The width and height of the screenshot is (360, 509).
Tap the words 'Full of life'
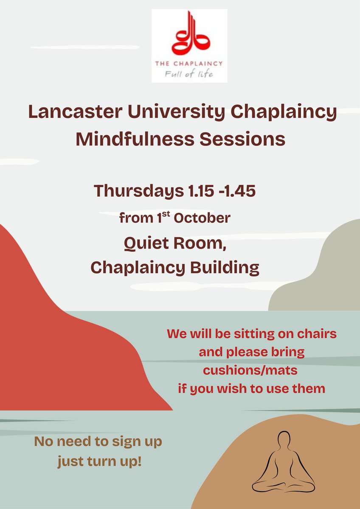point(189,75)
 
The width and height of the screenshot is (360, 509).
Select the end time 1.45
point(240,191)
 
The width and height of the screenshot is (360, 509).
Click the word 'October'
point(205,218)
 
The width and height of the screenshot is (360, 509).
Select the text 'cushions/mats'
point(250,370)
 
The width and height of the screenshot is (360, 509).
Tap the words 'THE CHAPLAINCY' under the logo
point(189,63)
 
